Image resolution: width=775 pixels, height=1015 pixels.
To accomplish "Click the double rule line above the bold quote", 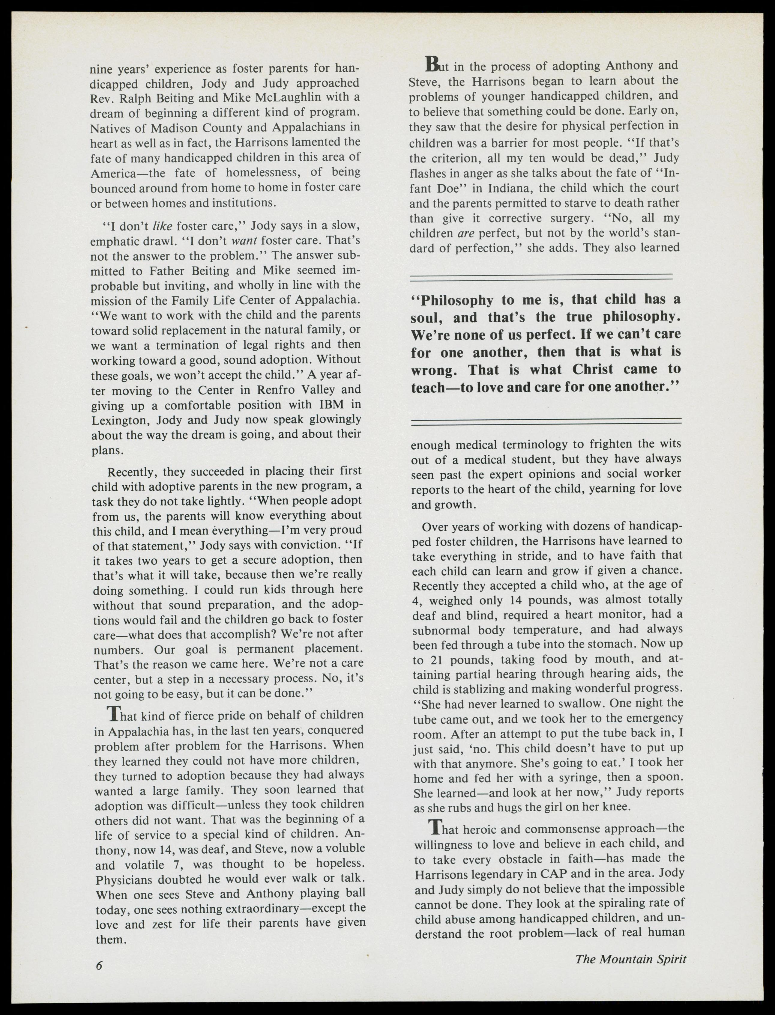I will click(x=541, y=277).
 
